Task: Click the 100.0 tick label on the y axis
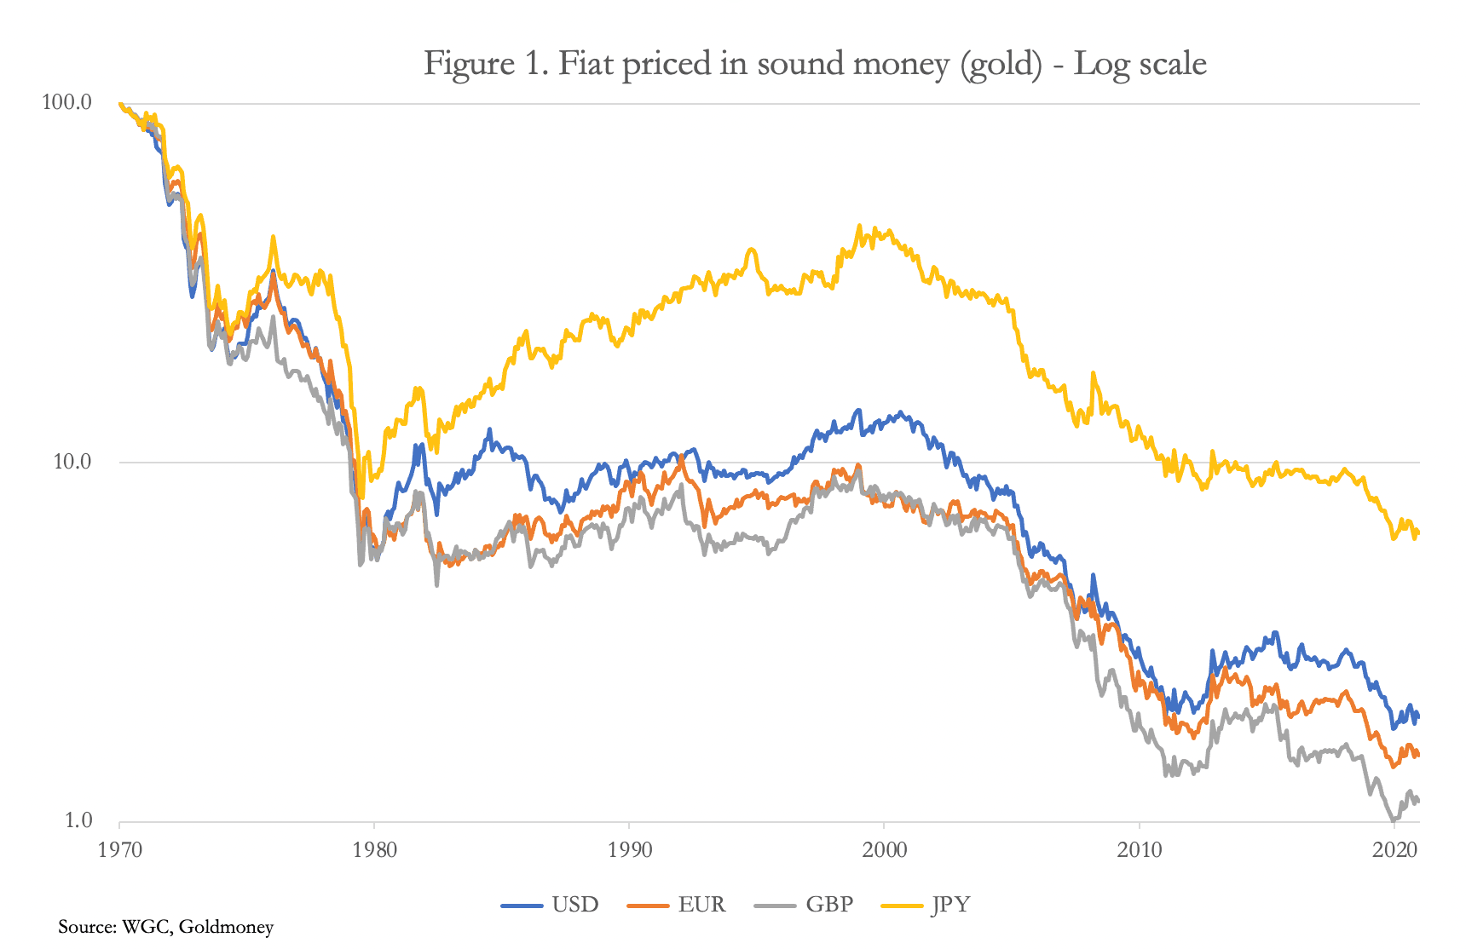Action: pyautogui.click(x=66, y=102)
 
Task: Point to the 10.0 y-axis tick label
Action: pyautogui.click(x=72, y=462)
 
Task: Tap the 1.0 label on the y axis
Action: pyautogui.click(x=78, y=820)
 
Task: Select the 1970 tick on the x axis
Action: pyautogui.click(x=119, y=849)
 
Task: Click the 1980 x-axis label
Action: pyautogui.click(x=374, y=849)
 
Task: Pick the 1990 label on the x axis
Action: pyautogui.click(x=629, y=849)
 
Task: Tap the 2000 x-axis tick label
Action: pyautogui.click(x=884, y=849)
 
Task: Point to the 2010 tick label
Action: pyautogui.click(x=1139, y=849)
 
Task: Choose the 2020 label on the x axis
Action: pyautogui.click(x=1394, y=849)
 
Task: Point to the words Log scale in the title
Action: pyautogui.click(x=1140, y=65)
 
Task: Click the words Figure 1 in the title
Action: pyautogui.click(x=482, y=65)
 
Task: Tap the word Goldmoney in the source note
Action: pyautogui.click(x=226, y=927)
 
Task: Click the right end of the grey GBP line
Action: pyautogui.click(x=1418, y=801)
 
